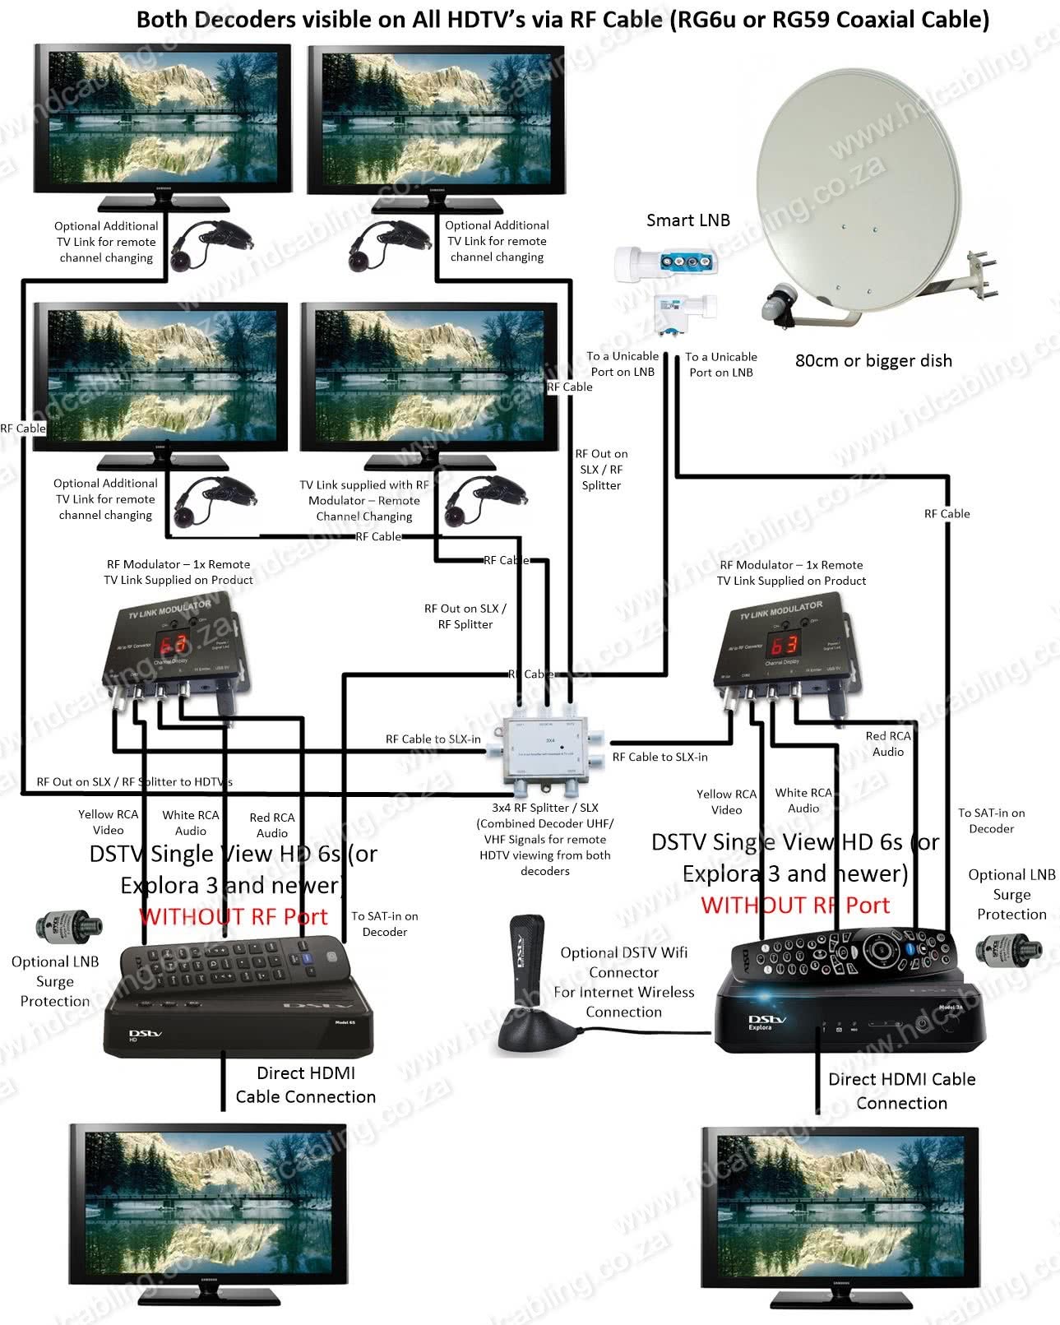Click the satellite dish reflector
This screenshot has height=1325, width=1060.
855,185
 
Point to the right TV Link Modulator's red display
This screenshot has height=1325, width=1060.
784,644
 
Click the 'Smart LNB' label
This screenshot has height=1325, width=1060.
687,220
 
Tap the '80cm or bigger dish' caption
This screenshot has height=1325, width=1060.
873,360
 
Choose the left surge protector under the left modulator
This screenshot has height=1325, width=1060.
69,927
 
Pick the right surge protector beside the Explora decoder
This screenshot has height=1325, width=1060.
1008,949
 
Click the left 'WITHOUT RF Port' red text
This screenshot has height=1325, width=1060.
234,916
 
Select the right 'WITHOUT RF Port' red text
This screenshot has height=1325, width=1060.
795,906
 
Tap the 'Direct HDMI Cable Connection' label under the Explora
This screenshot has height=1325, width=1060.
901,1091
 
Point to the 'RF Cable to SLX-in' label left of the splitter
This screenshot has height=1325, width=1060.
433,739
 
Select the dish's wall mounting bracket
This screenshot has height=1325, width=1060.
982,276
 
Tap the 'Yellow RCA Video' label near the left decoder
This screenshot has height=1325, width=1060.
108,822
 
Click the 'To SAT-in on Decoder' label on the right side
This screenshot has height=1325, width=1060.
991,820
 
